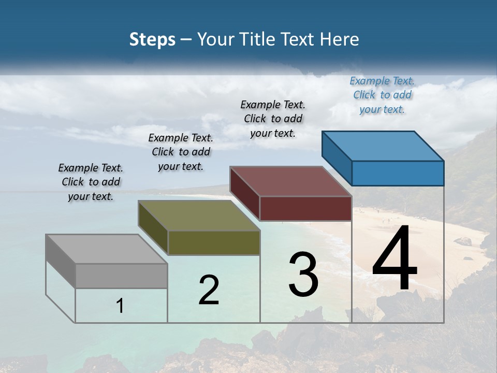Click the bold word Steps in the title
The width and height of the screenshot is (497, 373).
[152, 39]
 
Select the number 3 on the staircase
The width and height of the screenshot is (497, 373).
[303, 275]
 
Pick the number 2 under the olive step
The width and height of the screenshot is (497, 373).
[209, 290]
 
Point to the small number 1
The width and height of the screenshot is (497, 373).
[120, 306]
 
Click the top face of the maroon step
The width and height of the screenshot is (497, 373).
[290, 181]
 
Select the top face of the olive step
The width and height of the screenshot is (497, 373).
[199, 216]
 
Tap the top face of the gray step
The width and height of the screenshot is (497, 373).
[106, 249]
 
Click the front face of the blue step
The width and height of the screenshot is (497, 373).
[398, 173]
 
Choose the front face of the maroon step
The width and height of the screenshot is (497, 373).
[305, 208]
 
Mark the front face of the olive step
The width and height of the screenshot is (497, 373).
[214, 242]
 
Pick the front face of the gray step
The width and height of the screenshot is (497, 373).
[121, 276]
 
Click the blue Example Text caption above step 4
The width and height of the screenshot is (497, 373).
[382, 95]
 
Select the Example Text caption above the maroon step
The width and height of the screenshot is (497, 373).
[273, 119]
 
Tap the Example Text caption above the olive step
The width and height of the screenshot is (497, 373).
[181, 152]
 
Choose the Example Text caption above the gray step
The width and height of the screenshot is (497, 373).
[91, 182]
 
